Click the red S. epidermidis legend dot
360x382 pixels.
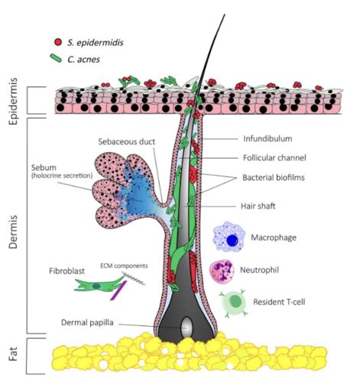point(58,42)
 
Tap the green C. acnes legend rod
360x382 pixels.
point(56,58)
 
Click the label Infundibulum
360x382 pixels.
point(268,139)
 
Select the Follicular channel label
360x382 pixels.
point(274,158)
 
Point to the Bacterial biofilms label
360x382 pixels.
point(274,177)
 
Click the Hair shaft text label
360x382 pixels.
point(258,206)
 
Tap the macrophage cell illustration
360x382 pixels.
point(229,237)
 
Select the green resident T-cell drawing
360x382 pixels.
point(234,302)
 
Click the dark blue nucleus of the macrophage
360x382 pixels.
point(232,241)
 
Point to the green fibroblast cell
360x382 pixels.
point(98,284)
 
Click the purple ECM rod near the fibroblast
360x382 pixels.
point(118,290)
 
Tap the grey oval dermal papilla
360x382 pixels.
point(186,327)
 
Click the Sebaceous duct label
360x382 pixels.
point(127,141)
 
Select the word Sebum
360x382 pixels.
point(44,167)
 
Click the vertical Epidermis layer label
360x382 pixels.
point(13,101)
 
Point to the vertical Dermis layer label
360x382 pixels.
point(13,231)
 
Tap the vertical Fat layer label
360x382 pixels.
point(13,354)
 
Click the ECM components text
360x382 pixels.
point(124,266)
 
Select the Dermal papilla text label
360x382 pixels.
point(87,322)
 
